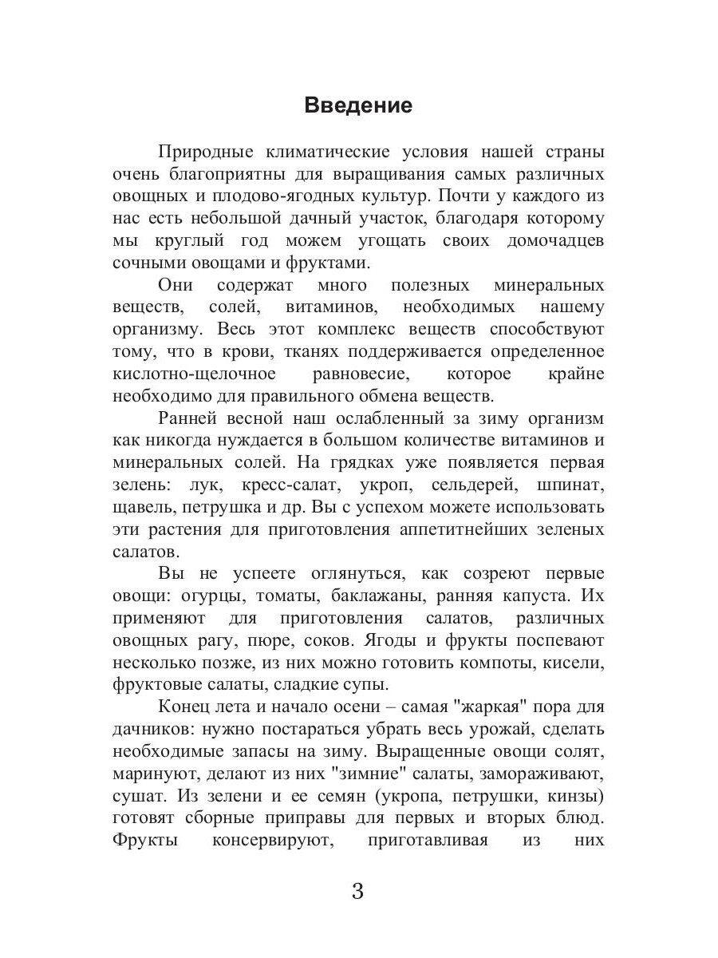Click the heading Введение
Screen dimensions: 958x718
pos(358,106)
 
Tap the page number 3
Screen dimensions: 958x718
pos(357,891)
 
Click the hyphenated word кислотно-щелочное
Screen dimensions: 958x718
pos(194,374)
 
